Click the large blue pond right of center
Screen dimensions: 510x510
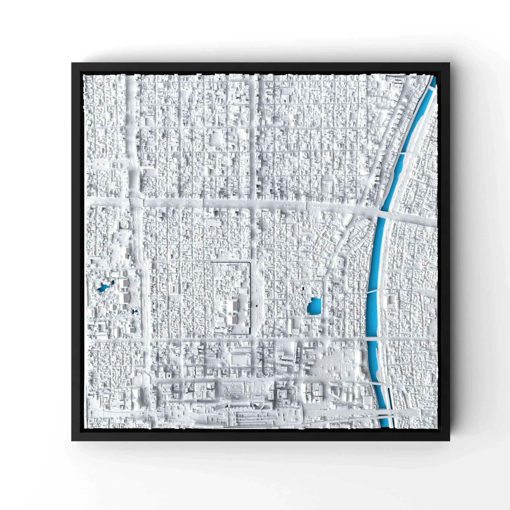pos(314,306)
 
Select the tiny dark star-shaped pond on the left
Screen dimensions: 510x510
pos(135,312)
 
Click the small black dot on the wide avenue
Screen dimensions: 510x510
pos(256,306)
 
